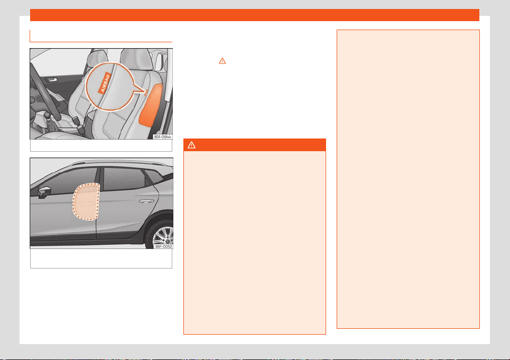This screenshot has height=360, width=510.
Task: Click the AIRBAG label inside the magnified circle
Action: click(105, 83)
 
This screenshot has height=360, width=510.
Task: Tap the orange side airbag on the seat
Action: click(151, 105)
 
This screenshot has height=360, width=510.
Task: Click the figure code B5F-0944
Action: click(163, 137)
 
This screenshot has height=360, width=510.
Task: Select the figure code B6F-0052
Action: click(164, 246)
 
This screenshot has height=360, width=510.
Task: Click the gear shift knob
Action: click(48, 115)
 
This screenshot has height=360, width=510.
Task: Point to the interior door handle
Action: click(51, 80)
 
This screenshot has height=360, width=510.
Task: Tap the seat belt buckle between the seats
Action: click(76, 121)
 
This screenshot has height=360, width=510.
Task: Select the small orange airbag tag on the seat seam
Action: click(146, 93)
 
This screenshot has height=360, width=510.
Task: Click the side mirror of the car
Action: click(44, 192)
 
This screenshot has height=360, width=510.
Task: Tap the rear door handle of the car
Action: click(146, 201)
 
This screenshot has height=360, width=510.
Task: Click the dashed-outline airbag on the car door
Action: click(86, 202)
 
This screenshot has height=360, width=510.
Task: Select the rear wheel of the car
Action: click(160, 234)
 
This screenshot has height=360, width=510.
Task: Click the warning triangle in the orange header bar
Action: click(191, 145)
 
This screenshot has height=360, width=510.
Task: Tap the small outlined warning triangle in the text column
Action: click(222, 61)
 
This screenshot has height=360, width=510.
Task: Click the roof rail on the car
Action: click(119, 162)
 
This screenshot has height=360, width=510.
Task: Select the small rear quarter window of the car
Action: click(154, 177)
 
